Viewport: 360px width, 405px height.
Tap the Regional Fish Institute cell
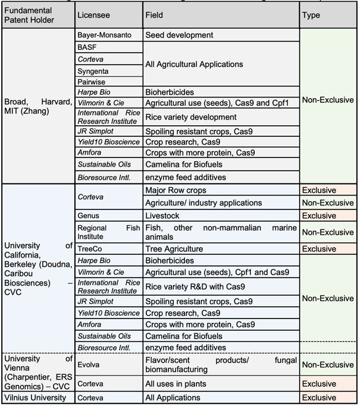pyautogui.click(x=108, y=232)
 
